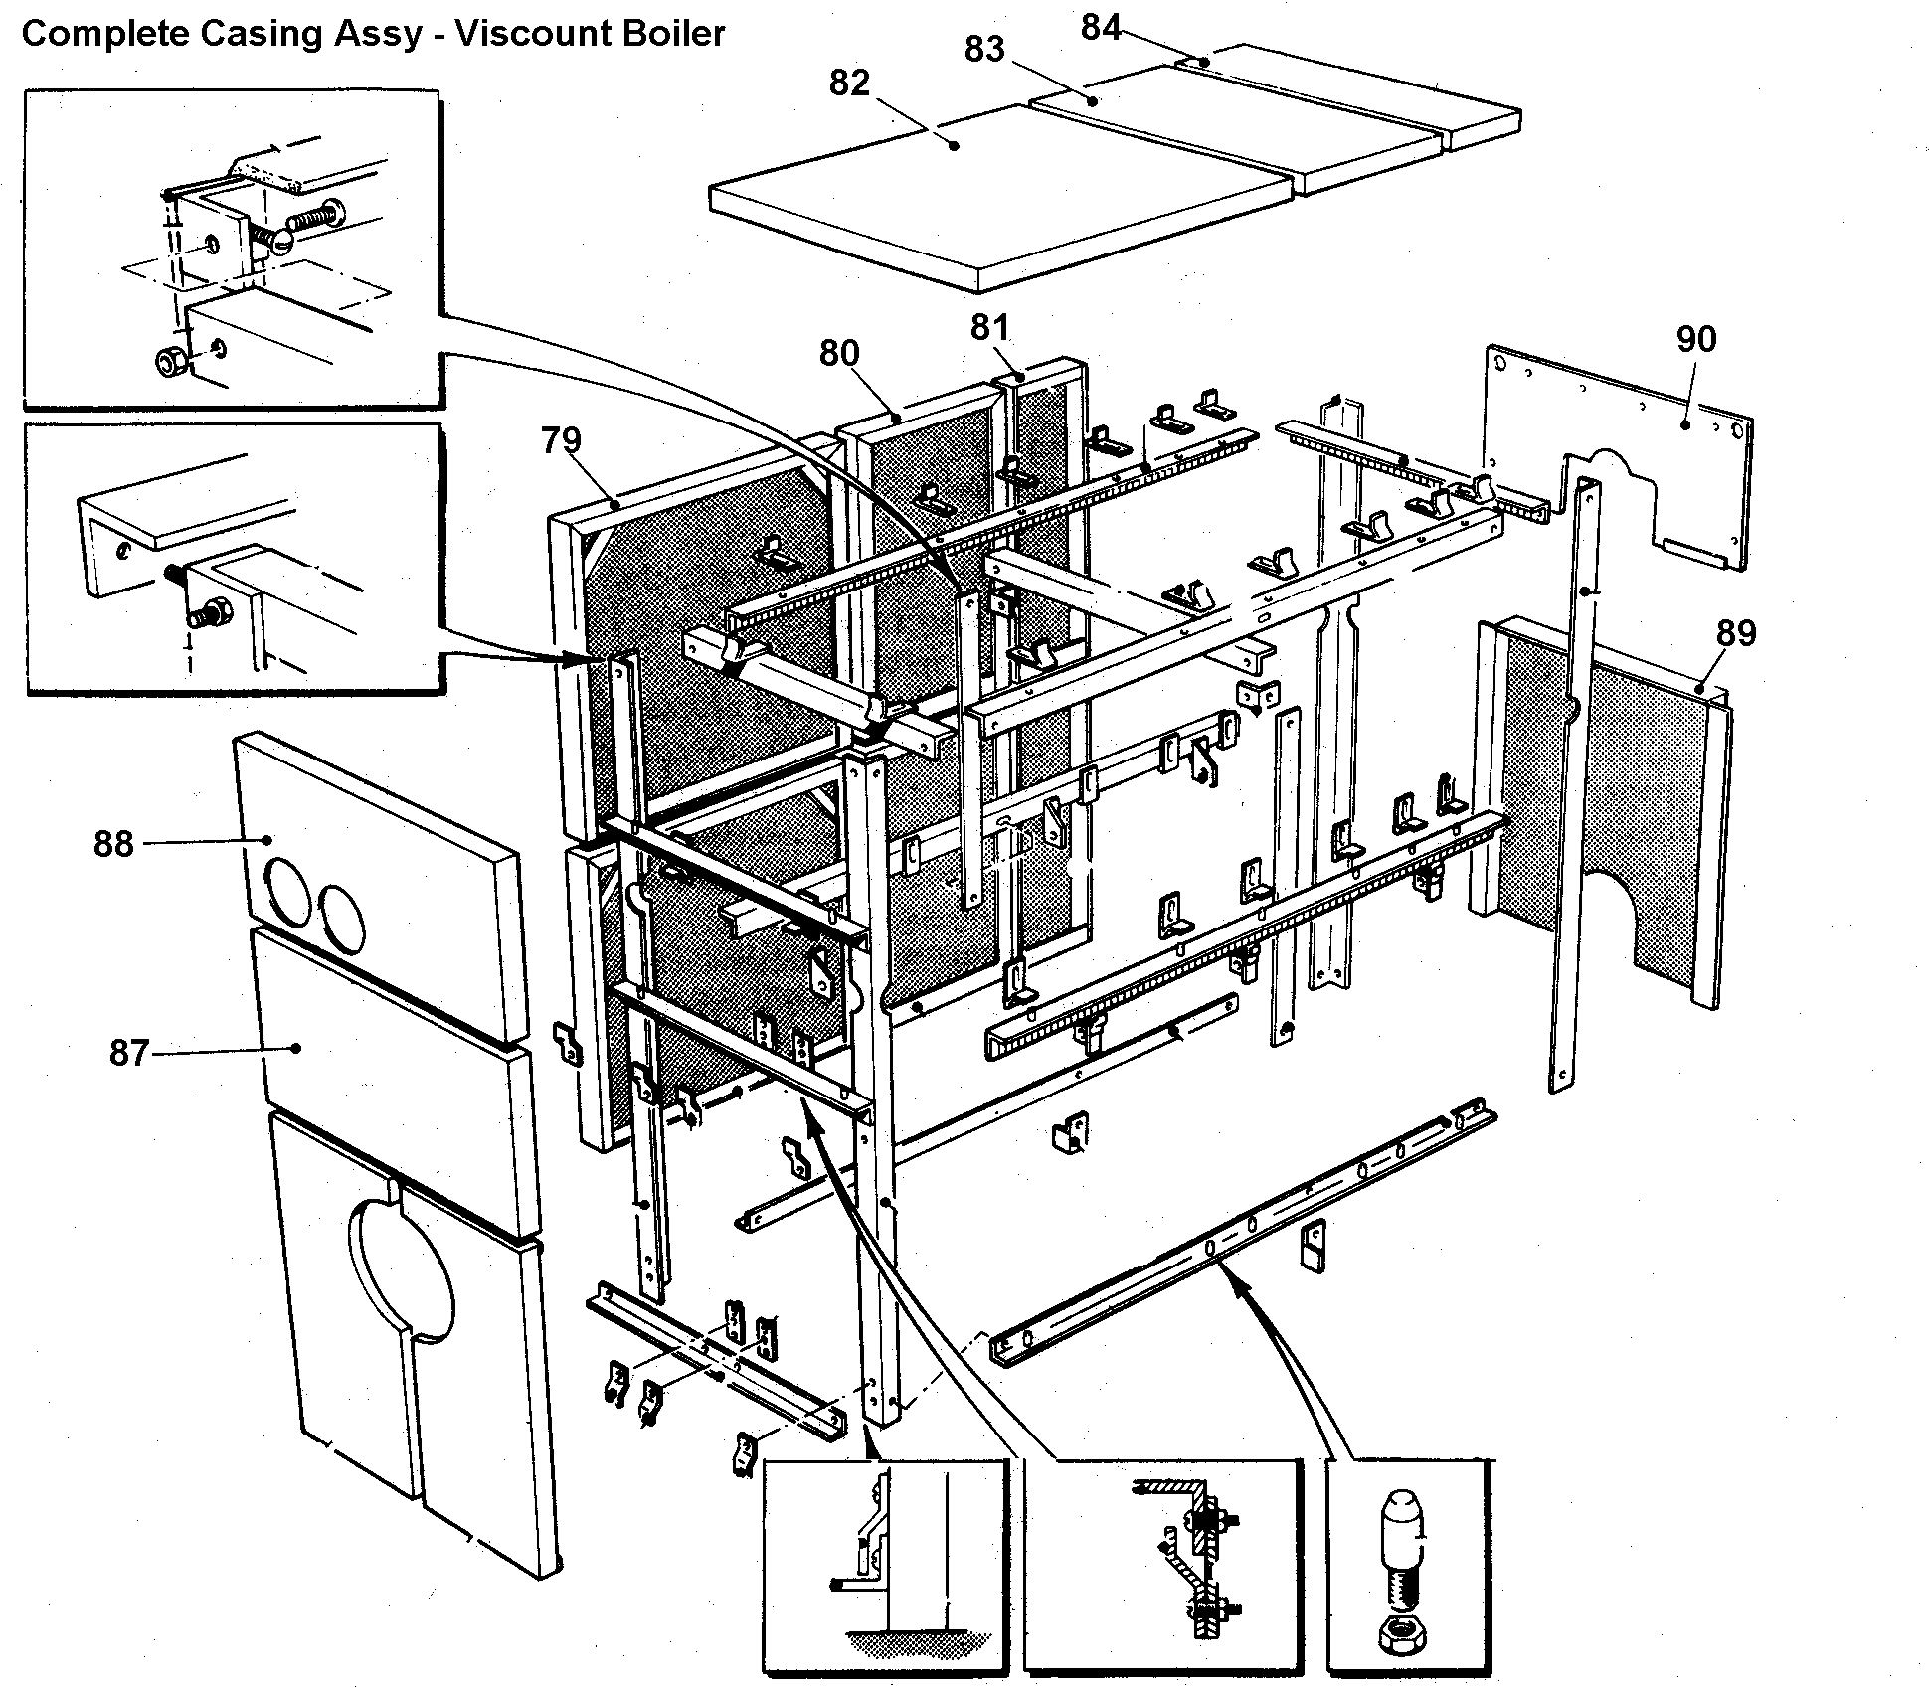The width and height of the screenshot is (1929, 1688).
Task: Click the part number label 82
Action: coord(849,83)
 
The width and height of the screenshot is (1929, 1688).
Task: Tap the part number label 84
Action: coord(1101,28)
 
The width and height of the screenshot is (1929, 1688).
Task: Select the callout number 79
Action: coord(561,439)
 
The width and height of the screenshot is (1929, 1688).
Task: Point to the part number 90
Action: coord(1695,340)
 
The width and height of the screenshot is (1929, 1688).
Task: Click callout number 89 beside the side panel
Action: coord(1736,633)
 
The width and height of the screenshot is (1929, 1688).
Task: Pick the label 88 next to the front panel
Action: coord(113,844)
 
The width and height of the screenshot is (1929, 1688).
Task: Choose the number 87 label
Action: coord(128,1052)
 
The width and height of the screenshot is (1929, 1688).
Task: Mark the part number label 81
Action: coord(989,327)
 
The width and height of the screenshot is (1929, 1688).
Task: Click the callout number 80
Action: coord(839,353)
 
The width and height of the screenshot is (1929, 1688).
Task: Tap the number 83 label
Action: coord(984,49)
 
